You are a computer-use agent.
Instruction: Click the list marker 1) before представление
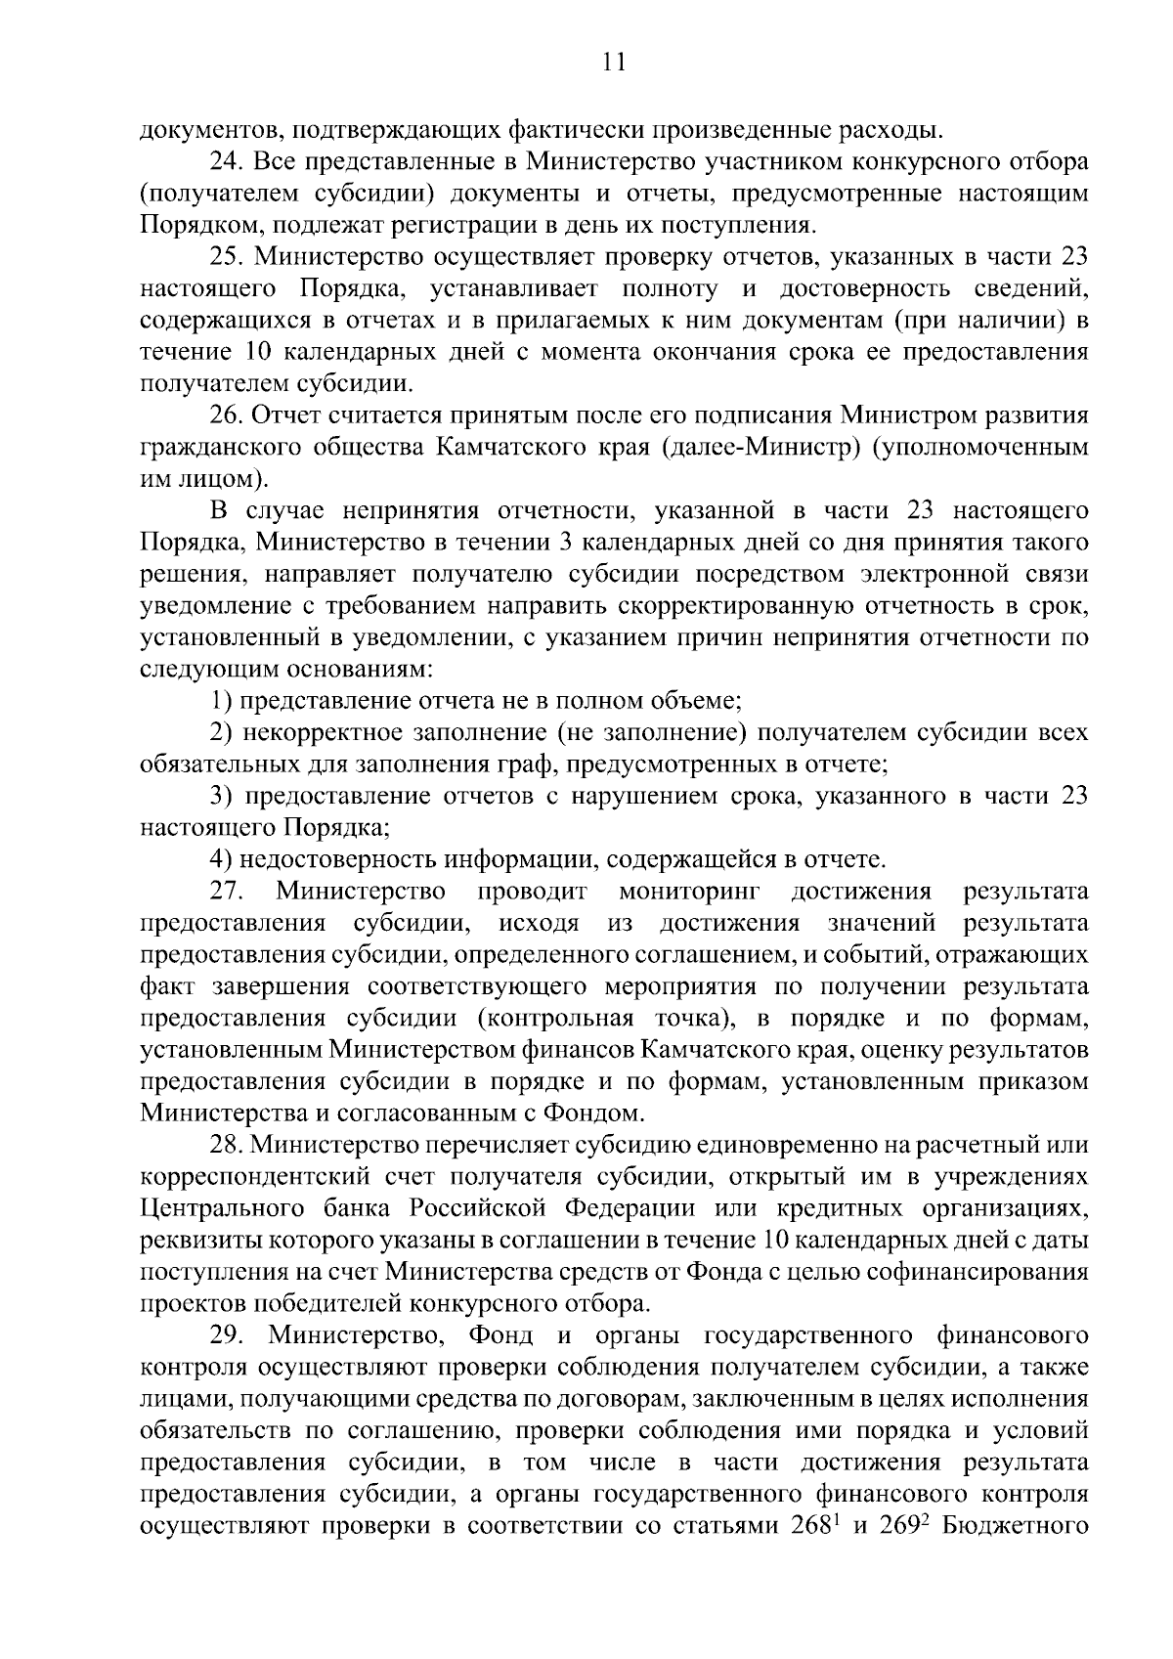(x=222, y=700)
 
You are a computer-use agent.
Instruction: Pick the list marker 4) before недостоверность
(x=223, y=859)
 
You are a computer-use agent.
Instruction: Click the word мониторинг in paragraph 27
(x=687, y=892)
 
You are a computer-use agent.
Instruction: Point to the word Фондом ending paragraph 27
(x=596, y=1113)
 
